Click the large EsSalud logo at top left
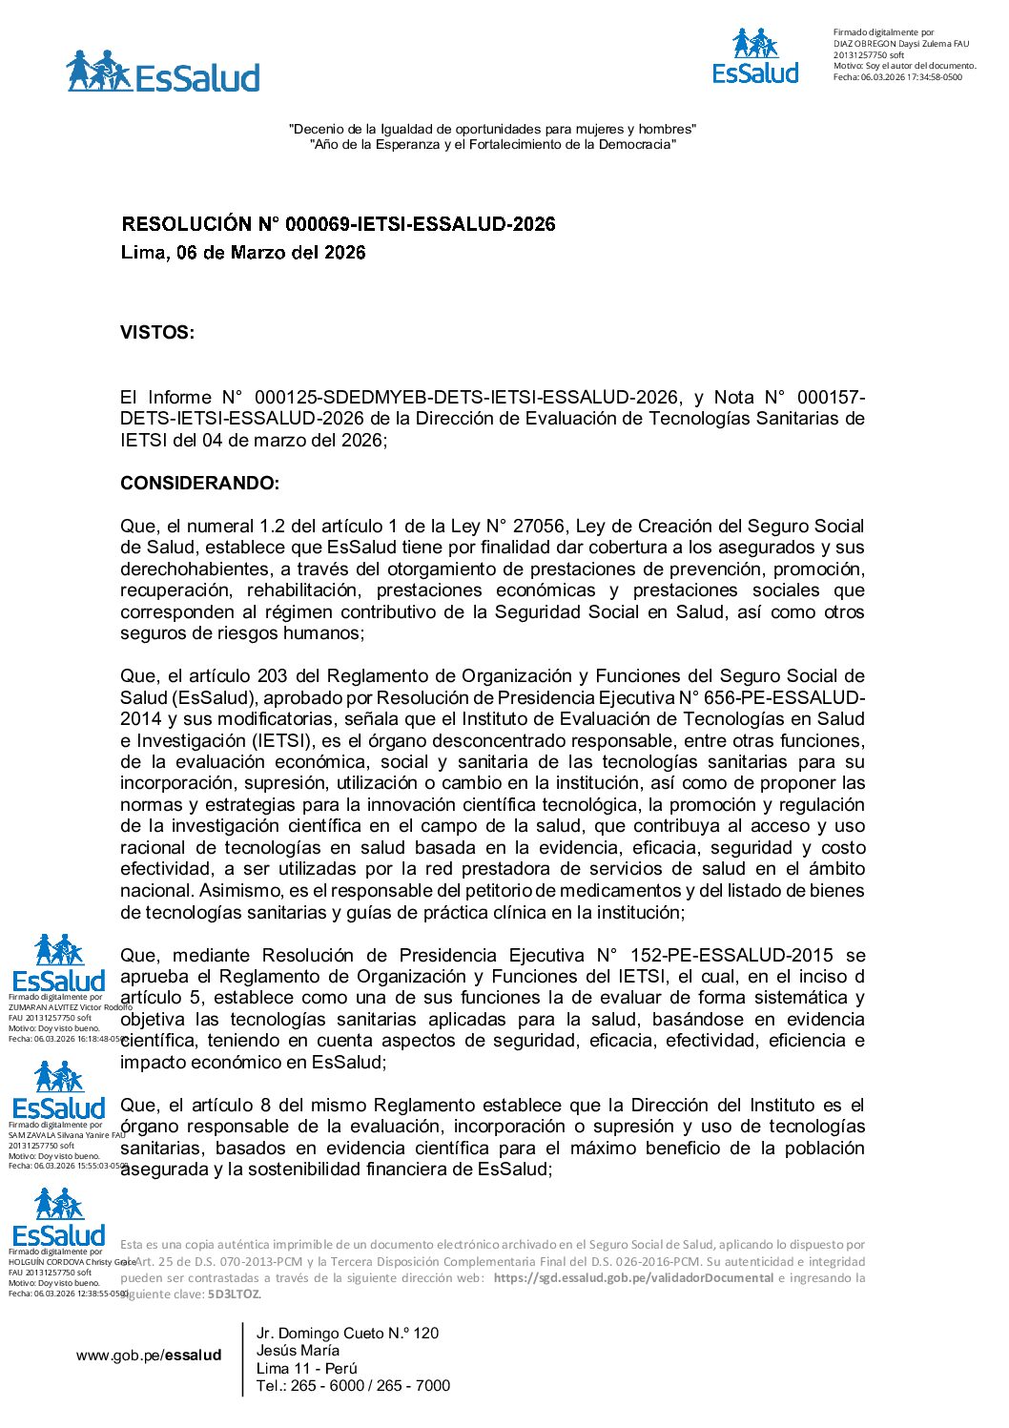[x=163, y=72]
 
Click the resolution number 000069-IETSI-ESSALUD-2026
[x=407, y=224]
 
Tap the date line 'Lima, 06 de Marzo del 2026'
[x=243, y=253]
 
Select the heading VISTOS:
[x=157, y=333]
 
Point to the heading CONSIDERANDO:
[x=199, y=484]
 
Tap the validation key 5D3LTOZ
[x=235, y=1294]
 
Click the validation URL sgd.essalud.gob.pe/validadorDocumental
[x=633, y=1278]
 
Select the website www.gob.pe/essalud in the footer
[x=149, y=1356]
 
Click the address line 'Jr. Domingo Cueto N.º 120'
[x=347, y=1334]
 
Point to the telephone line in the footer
[x=353, y=1386]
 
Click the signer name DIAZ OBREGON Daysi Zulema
[x=896, y=44]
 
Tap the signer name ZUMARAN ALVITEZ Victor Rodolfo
[x=69, y=1007]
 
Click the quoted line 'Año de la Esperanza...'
[x=493, y=145]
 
